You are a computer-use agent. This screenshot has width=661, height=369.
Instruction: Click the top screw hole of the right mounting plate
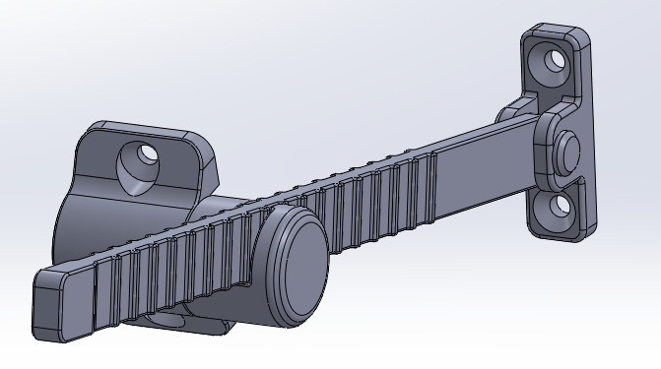pos(555,59)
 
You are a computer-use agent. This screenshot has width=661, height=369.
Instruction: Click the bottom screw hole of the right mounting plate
pos(560,205)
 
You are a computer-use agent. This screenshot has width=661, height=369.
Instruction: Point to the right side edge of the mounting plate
pos(593,128)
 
